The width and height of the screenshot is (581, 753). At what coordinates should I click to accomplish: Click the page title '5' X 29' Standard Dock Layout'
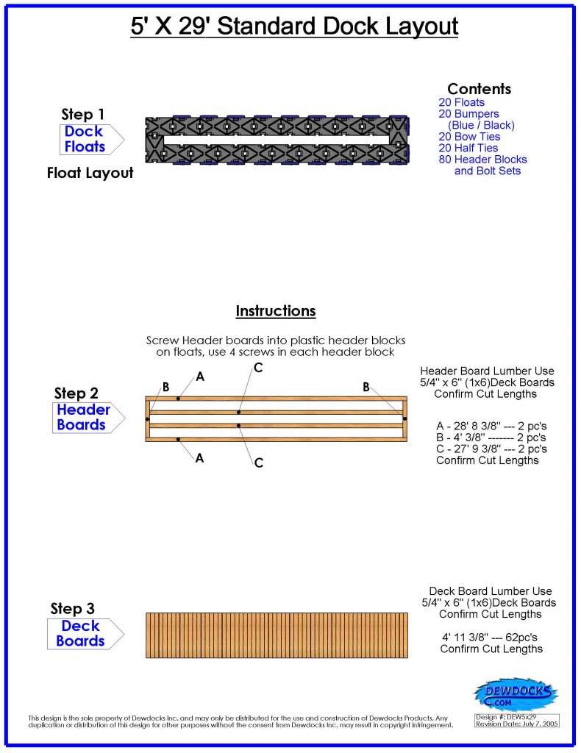click(x=290, y=27)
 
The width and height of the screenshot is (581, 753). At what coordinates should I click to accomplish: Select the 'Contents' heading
click(x=479, y=89)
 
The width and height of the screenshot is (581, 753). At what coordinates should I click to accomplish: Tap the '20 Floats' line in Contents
click(x=461, y=103)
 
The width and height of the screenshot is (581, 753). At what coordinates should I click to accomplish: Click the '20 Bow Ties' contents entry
click(x=469, y=137)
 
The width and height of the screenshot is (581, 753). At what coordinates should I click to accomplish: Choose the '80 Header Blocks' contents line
click(x=482, y=160)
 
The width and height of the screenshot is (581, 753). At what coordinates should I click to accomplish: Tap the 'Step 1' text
click(x=82, y=115)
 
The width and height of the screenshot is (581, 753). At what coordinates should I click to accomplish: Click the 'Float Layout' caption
click(x=90, y=174)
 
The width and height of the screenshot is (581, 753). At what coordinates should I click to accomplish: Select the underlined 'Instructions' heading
click(x=275, y=311)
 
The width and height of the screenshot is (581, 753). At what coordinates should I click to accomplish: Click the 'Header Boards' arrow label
click(x=83, y=417)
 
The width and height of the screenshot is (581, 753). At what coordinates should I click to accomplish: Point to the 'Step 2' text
click(x=76, y=393)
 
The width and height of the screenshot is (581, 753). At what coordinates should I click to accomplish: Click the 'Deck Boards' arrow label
click(x=81, y=633)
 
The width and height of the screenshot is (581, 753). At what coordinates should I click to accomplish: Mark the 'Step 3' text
click(x=72, y=609)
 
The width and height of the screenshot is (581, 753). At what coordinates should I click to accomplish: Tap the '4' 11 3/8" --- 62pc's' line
click(x=491, y=637)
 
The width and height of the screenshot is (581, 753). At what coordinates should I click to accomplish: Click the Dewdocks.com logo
click(x=515, y=694)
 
